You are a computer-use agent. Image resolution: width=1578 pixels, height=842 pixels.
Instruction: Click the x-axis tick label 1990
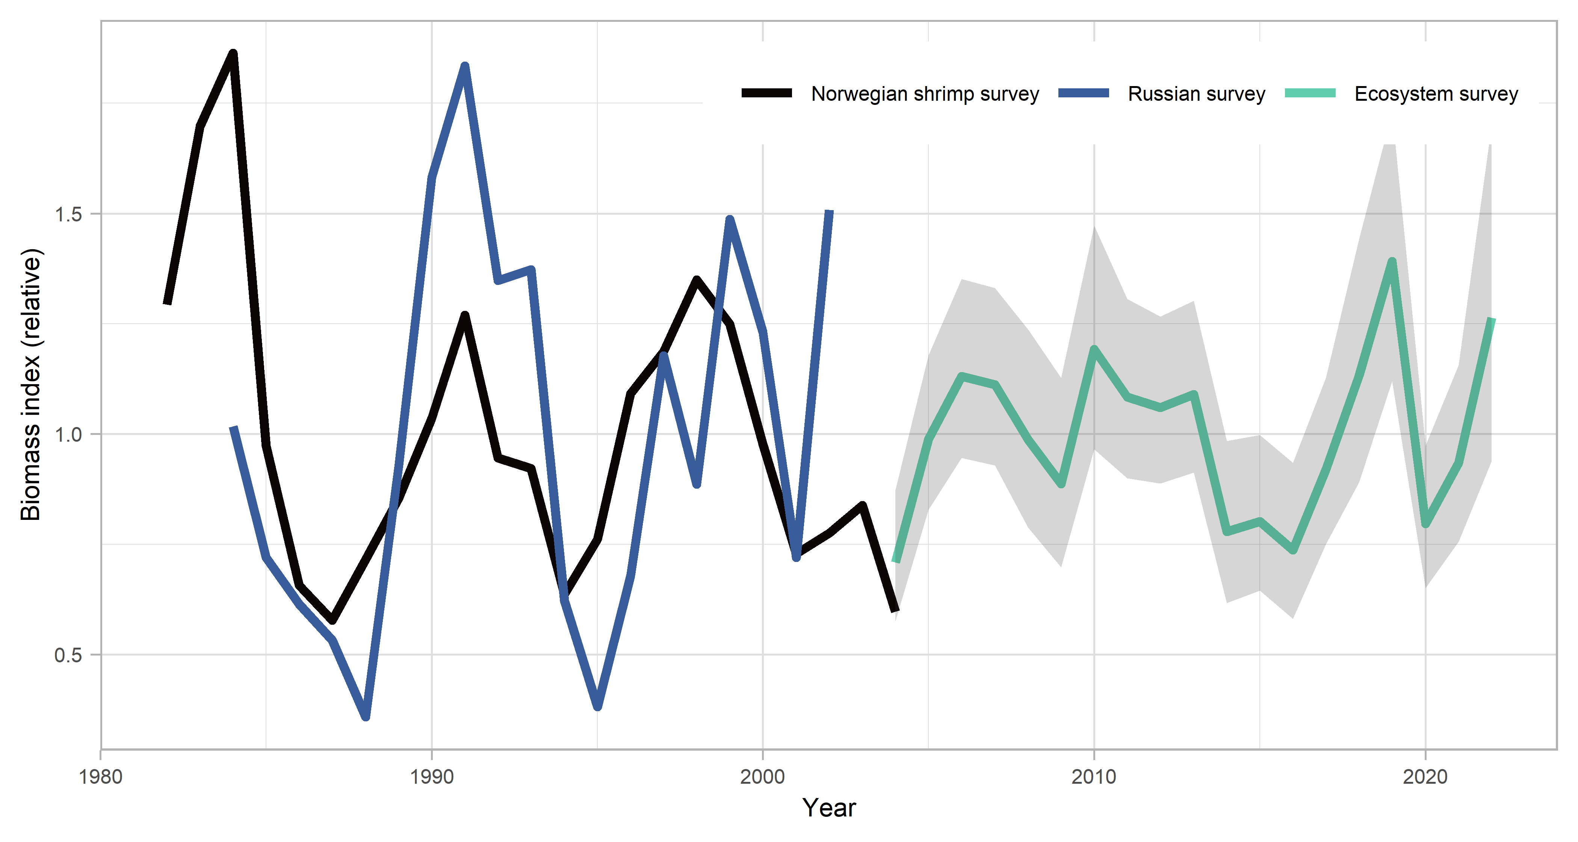(x=432, y=777)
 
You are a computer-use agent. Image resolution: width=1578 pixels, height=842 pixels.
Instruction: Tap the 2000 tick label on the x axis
(x=763, y=777)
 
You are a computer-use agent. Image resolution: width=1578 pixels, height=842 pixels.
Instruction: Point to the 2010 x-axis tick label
(x=1094, y=777)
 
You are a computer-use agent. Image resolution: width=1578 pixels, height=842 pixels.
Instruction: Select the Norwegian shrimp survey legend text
(x=925, y=94)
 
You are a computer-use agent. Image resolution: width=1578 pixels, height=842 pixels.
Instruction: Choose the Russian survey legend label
(x=1196, y=94)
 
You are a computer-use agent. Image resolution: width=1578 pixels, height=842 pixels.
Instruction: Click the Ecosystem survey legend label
(x=1436, y=94)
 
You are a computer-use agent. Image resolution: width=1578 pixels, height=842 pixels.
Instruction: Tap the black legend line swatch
(x=767, y=93)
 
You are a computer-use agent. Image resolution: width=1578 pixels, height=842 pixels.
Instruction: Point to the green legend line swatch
(x=1310, y=93)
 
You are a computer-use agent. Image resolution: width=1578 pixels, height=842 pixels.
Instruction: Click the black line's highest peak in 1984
(x=233, y=54)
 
